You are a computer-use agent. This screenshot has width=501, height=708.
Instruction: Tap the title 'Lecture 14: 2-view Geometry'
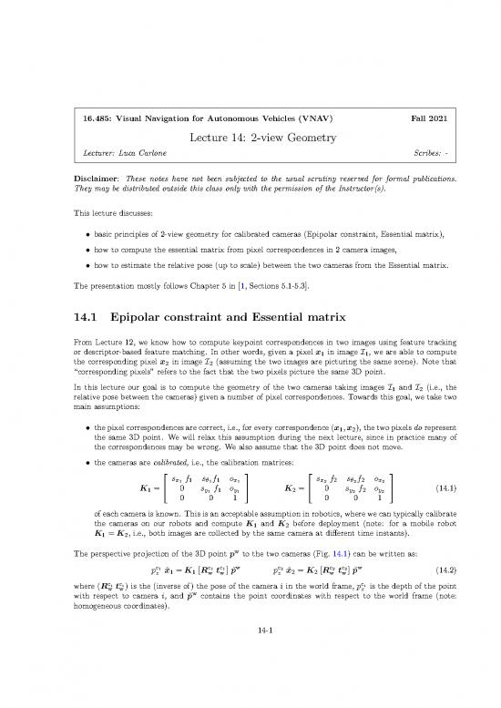pyautogui.click(x=250, y=138)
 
